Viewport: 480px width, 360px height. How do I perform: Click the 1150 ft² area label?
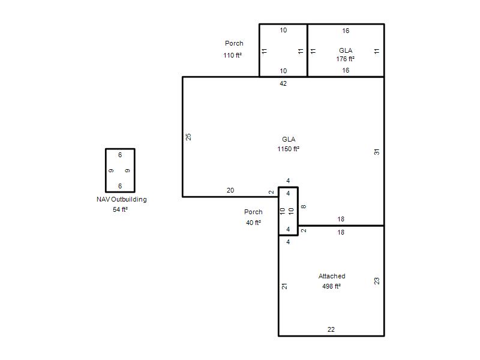(x=289, y=149)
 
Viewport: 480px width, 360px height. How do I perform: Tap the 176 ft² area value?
(x=346, y=59)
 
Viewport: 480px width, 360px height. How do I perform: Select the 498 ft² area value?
(x=332, y=286)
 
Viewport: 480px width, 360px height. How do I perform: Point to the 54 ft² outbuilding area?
(x=121, y=209)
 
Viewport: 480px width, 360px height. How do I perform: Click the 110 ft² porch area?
(x=233, y=55)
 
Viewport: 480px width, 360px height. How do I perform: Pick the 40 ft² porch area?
(x=253, y=223)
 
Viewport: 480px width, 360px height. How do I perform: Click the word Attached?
(x=332, y=276)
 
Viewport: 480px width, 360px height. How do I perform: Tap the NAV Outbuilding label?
(x=122, y=199)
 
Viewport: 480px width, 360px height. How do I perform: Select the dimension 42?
(x=283, y=83)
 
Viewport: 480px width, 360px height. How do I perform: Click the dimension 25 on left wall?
(x=188, y=137)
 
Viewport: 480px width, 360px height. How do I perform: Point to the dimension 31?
(x=377, y=152)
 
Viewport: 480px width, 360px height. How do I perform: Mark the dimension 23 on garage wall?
(x=377, y=281)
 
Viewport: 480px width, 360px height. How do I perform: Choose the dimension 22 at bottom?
(x=331, y=329)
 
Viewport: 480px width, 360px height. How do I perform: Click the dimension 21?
(x=284, y=286)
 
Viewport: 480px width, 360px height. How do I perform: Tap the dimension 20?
(x=230, y=190)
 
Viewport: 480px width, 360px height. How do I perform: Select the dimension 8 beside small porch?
(x=304, y=206)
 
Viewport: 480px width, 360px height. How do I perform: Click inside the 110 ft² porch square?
(x=283, y=50)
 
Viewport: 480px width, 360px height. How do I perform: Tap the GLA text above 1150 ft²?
(x=289, y=139)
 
